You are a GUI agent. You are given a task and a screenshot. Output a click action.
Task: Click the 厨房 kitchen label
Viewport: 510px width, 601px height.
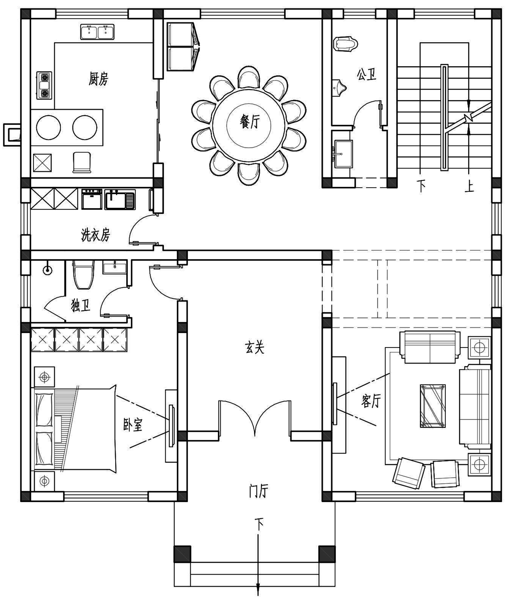click(x=98, y=79)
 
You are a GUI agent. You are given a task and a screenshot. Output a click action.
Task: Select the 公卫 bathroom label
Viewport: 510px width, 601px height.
click(x=367, y=74)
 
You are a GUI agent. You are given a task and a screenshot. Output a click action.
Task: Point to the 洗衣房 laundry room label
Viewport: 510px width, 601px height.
click(x=96, y=234)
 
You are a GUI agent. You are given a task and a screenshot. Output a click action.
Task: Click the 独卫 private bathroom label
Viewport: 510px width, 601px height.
click(x=81, y=305)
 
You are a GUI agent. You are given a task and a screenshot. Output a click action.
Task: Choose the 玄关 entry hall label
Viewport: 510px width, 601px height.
click(x=254, y=347)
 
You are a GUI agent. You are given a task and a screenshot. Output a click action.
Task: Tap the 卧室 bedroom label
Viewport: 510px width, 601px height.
click(x=133, y=424)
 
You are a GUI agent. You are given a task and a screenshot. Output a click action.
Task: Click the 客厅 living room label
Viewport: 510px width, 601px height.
click(x=371, y=401)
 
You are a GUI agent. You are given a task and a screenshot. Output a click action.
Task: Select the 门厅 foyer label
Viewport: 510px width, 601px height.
click(x=258, y=491)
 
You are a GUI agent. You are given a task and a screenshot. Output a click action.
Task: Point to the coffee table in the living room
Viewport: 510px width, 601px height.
click(x=432, y=406)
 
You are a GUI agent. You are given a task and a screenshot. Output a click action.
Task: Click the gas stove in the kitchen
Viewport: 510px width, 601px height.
click(x=44, y=85)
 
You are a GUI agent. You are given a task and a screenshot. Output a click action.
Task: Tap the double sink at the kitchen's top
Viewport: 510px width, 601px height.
click(x=97, y=32)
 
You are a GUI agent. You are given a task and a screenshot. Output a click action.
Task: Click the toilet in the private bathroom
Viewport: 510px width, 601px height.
click(x=83, y=275)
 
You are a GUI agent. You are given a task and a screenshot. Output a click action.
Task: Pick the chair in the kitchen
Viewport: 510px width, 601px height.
click(x=82, y=162)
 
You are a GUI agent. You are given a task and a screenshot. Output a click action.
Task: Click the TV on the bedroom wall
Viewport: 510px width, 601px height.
click(x=171, y=425)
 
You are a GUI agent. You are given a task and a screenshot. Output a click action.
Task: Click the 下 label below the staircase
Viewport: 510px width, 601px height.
click(x=421, y=186)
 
